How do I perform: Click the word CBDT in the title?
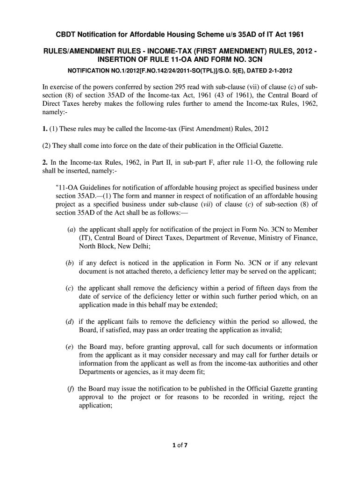pos(67,35)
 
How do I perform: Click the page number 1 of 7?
pos(180,445)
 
